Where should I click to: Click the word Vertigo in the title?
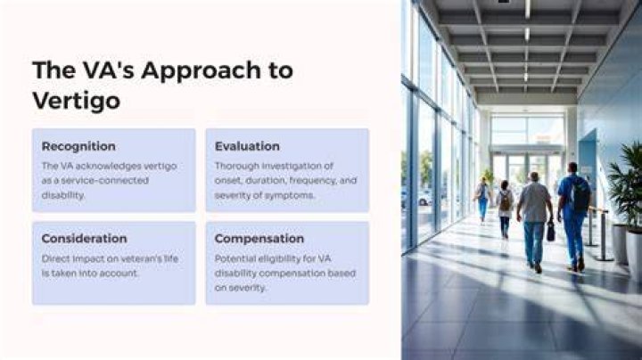76,101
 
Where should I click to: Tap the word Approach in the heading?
201,70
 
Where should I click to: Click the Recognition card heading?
78,146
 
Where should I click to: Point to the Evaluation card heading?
247,146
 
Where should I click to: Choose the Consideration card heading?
85,239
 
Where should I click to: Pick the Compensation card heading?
259,239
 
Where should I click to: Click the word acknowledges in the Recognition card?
108,166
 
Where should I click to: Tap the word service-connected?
105,180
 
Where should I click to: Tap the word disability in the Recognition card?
63,195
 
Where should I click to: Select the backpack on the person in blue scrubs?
580,194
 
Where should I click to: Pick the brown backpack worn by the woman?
506,200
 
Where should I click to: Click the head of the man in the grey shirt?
533,176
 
